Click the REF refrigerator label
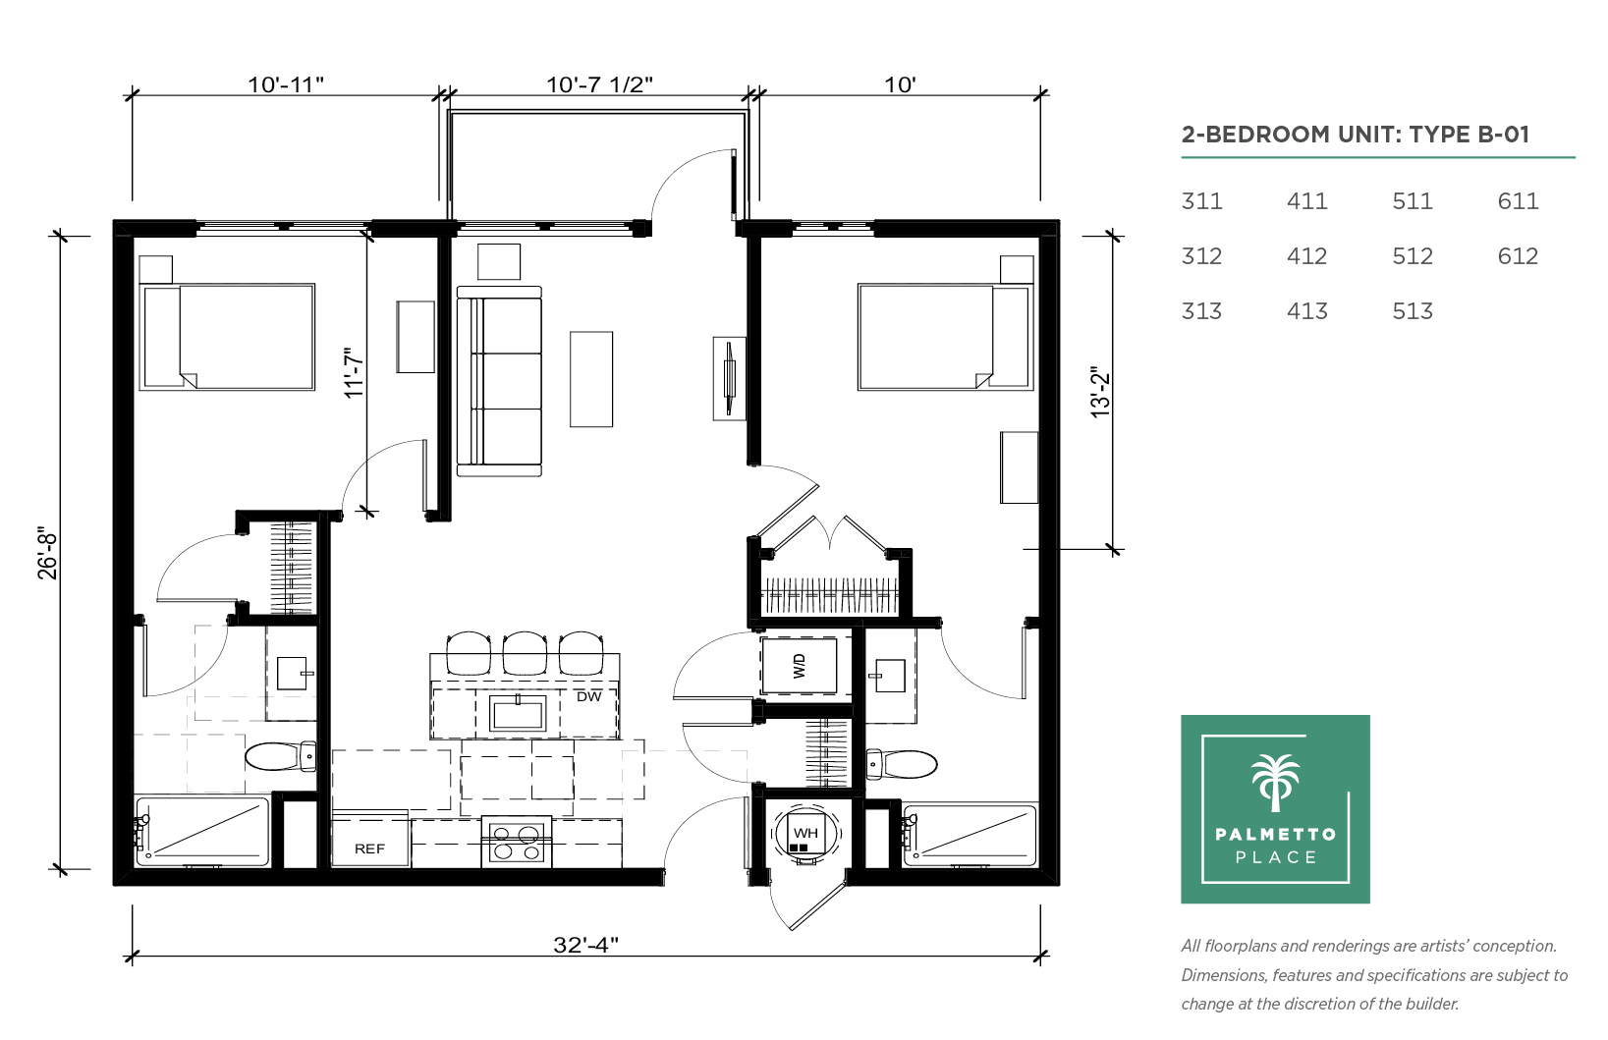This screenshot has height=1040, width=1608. pyautogui.click(x=369, y=848)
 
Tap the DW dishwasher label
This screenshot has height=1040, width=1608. pyautogui.click(x=588, y=696)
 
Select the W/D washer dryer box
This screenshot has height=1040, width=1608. pyautogui.click(x=799, y=665)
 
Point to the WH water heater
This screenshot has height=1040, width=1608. pyautogui.click(x=805, y=834)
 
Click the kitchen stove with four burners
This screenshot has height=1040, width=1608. pyautogui.click(x=517, y=842)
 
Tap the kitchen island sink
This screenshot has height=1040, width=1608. pyautogui.click(x=517, y=713)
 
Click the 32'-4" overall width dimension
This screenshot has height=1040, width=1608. pyautogui.click(x=585, y=945)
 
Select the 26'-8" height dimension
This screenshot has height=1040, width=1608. pyautogui.click(x=47, y=556)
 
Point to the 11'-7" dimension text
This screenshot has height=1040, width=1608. pyautogui.click(x=354, y=373)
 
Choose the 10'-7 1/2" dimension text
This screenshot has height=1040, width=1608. pyautogui.click(x=599, y=84)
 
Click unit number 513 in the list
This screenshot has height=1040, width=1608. pyautogui.click(x=1412, y=310)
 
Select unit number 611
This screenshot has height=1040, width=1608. pyautogui.click(x=1518, y=201)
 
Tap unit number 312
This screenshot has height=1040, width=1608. pyautogui.click(x=1201, y=256)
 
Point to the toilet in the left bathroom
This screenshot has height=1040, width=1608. pyautogui.click(x=280, y=756)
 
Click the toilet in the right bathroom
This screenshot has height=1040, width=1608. pyautogui.click(x=902, y=764)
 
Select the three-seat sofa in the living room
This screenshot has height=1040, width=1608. pyautogui.click(x=499, y=381)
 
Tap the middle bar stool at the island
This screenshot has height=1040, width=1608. pyautogui.click(x=525, y=652)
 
